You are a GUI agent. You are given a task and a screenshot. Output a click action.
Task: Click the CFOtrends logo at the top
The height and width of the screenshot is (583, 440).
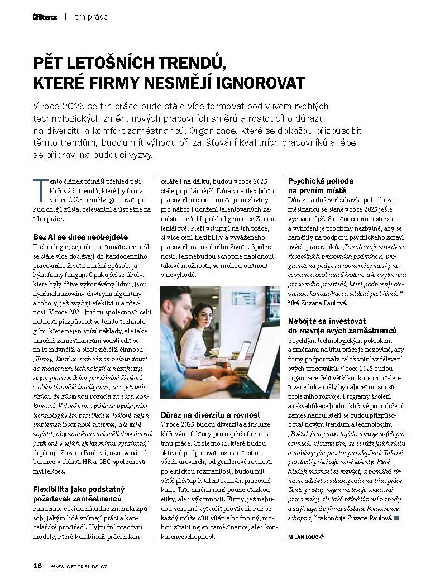(x=45, y=17)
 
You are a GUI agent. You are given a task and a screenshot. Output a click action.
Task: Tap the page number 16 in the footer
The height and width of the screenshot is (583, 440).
(x=37, y=566)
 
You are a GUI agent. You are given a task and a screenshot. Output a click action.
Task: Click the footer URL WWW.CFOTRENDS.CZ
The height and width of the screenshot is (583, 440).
(x=79, y=566)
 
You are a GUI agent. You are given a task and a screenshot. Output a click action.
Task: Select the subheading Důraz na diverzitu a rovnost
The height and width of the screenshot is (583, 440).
(x=211, y=415)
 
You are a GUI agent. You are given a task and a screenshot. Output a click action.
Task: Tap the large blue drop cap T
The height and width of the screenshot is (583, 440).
(x=39, y=190)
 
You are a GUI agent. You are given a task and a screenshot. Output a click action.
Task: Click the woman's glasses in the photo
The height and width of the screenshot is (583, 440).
(x=206, y=316)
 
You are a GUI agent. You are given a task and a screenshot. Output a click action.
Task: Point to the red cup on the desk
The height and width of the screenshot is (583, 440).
(x=224, y=364)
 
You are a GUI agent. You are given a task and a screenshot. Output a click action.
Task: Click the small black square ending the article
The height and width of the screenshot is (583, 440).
(x=396, y=519)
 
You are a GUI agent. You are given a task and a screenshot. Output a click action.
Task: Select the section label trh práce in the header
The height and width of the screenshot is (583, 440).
(x=92, y=17)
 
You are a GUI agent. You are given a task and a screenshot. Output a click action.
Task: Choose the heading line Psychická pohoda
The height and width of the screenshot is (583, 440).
(x=321, y=181)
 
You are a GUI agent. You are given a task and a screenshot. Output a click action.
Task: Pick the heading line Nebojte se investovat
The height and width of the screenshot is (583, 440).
(x=327, y=321)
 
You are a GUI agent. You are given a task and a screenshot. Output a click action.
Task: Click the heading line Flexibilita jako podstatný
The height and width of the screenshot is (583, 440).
(x=79, y=489)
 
